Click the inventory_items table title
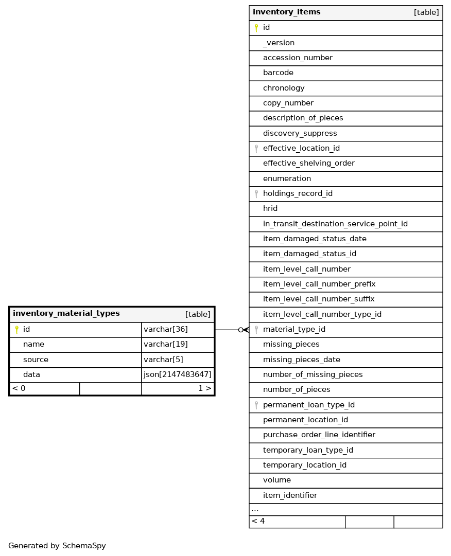(287, 12)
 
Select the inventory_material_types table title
(66, 314)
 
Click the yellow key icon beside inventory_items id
(256, 28)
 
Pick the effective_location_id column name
(301, 149)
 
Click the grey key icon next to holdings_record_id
(256, 194)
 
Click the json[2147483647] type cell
(178, 375)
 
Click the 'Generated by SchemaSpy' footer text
(57, 546)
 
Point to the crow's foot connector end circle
(240, 330)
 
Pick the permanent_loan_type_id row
(308, 405)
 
